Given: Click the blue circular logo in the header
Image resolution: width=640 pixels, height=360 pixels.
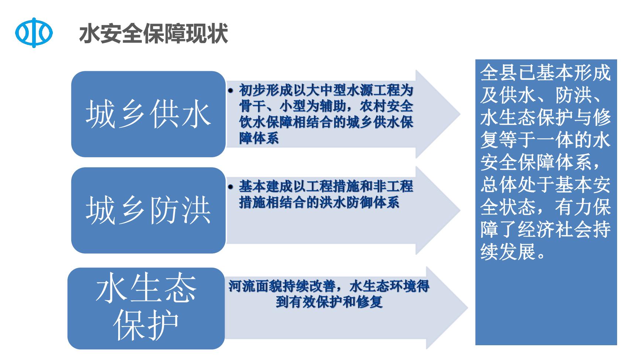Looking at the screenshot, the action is click(34, 33).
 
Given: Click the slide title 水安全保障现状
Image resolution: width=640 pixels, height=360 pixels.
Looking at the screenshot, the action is click(153, 34).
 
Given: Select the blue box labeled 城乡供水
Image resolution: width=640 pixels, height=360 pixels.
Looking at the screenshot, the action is click(148, 114).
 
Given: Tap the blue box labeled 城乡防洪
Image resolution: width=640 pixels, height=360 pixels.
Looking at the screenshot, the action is click(148, 210).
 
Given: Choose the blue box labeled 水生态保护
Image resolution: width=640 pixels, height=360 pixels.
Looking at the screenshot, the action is click(146, 308).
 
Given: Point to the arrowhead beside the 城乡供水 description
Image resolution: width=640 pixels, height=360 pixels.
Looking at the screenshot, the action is click(438, 114).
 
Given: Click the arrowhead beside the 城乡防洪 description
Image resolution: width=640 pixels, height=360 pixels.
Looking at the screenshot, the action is click(438, 210).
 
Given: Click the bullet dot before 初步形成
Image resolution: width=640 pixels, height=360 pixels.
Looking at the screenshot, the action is click(231, 90).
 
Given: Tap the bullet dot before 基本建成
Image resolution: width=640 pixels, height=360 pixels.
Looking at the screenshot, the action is click(231, 187).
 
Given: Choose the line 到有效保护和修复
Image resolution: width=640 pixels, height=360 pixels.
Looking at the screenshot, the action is click(329, 302).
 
